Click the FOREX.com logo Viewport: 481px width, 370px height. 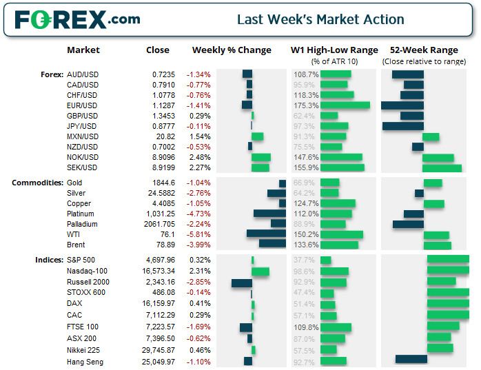pyautogui.click(x=76, y=19)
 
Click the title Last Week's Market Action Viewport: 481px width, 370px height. pyautogui.click(x=320, y=19)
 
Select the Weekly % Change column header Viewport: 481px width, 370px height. pyautogui.click(x=232, y=50)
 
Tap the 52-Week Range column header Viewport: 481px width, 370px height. pyautogui.click(x=423, y=50)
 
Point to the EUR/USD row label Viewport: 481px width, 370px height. pyautogui.click(x=83, y=105)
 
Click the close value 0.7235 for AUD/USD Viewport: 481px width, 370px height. pyautogui.click(x=164, y=74)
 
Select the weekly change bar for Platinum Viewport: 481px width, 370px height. pyautogui.click(x=269, y=214)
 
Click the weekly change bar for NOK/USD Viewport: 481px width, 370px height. pyautogui.click(x=261, y=157)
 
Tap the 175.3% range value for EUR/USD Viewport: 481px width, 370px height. pyautogui.click(x=306, y=105)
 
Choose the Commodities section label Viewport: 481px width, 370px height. pyautogui.click(x=37, y=183)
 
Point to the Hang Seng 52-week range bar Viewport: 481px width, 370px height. pyautogui.click(x=411, y=359)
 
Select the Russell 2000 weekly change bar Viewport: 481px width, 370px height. pyautogui.click(x=242, y=282)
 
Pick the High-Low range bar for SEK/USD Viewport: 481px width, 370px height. pyautogui.click(x=342, y=167)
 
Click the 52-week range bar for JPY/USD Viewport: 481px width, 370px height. pyautogui.click(x=402, y=126)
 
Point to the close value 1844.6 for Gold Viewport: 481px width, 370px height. pyautogui.click(x=164, y=183)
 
